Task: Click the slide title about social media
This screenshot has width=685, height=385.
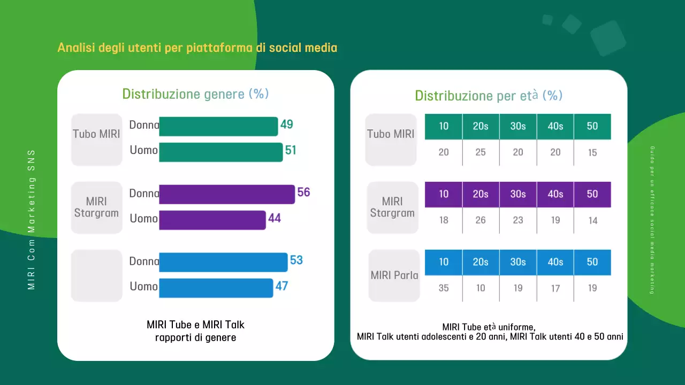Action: [x=197, y=48]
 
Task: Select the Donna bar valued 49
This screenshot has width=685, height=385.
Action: [x=218, y=127]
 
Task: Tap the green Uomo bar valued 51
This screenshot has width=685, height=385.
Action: [x=220, y=152]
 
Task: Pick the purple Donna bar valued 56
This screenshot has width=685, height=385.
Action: [x=227, y=194]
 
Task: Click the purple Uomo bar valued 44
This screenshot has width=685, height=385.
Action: [x=212, y=220]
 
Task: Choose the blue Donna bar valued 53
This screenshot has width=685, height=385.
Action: [x=223, y=262]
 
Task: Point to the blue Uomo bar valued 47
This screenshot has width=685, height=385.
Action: [x=216, y=288]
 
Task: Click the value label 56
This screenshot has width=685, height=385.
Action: [x=303, y=192]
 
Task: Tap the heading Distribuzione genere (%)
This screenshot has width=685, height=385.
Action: [x=195, y=94]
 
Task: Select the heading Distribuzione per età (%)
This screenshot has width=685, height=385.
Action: [x=489, y=96]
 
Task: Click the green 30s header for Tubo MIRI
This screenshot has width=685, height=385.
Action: [x=518, y=126]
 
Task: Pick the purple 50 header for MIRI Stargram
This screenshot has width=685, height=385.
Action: [x=592, y=194]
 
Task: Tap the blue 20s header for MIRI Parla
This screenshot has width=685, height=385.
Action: [x=481, y=262]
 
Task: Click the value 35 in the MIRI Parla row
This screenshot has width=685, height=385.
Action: [x=444, y=288]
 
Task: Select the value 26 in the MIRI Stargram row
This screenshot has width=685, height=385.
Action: [x=481, y=220]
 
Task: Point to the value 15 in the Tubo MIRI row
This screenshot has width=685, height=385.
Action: [x=592, y=152]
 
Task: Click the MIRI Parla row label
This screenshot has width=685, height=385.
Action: [x=394, y=275]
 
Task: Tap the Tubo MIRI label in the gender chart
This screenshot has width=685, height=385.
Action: [x=96, y=134]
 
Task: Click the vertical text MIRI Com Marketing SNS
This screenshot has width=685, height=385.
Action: [x=32, y=220]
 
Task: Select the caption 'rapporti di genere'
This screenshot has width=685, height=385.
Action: [x=195, y=337]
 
